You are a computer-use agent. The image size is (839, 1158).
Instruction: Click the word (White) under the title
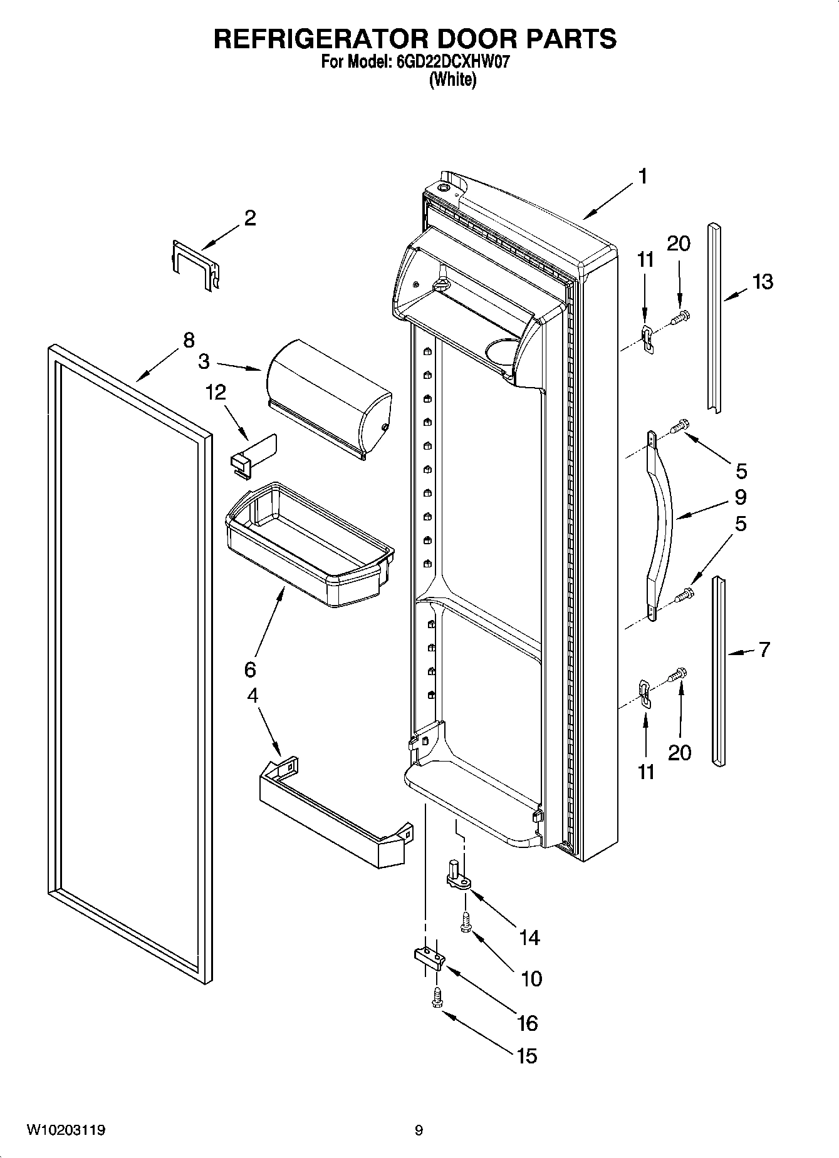tap(452, 80)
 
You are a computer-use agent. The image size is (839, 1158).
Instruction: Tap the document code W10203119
tap(65, 1130)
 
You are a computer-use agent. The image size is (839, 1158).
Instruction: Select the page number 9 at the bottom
tap(419, 1130)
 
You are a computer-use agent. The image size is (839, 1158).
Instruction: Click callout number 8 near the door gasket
tap(189, 340)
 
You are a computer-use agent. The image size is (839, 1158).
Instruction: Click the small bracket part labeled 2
tap(195, 263)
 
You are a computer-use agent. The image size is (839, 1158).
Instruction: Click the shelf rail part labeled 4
tap(332, 814)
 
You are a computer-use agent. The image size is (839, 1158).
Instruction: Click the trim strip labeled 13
tap(714, 313)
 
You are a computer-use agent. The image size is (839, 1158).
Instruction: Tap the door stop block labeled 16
tap(428, 957)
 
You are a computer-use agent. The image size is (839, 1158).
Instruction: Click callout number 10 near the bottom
tap(531, 978)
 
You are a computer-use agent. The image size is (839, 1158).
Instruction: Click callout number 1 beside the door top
tap(642, 177)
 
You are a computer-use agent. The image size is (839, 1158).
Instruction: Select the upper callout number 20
tap(678, 244)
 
